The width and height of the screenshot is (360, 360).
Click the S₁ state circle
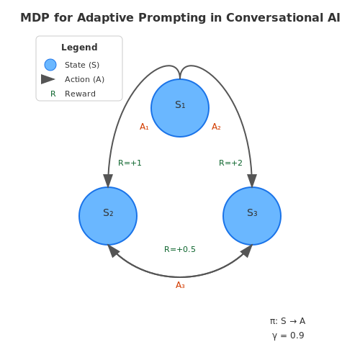coord(180,108)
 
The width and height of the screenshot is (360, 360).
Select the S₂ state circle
coord(108,216)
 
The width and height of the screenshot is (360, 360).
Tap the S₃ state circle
coord(252,216)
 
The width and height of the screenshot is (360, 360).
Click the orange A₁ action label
coord(144,127)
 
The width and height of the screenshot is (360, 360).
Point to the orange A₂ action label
coord(216,127)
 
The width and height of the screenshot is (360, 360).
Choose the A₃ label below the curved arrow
coord(180,285)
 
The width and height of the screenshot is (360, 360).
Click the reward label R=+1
coord(130,163)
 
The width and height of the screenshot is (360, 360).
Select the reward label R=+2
coord(230,163)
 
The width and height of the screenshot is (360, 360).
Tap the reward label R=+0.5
coord(180,249)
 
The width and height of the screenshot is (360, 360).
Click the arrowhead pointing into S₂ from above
coord(108,181)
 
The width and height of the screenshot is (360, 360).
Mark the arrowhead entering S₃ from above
coord(252,181)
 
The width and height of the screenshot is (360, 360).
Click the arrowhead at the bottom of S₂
coord(113,251)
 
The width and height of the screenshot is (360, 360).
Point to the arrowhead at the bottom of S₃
coord(247,251)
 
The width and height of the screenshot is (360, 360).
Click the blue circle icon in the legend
coord(50,65)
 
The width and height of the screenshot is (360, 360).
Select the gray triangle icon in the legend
coord(48,79)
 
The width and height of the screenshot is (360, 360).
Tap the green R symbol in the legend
coord(53,94)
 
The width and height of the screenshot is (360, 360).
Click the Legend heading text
coord(79,48)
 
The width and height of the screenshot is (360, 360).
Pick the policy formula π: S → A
coord(287,321)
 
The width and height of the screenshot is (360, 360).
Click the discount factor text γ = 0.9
coord(288,336)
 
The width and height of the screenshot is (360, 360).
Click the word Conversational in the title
coord(274,18)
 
